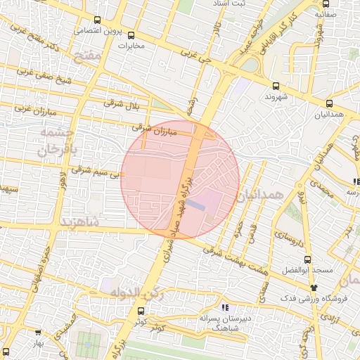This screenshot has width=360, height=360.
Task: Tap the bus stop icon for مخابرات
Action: click(131, 35)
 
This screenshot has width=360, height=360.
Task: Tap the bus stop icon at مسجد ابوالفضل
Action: click(307, 259)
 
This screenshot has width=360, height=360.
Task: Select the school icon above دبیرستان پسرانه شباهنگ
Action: click(225, 307)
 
